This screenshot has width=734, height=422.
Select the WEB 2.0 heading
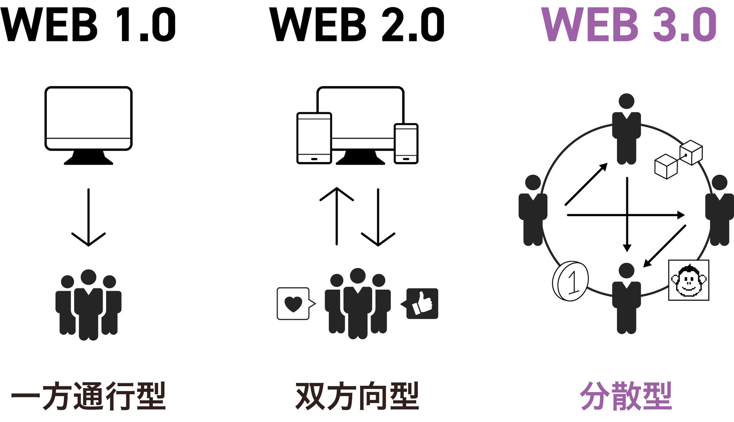click(357, 25)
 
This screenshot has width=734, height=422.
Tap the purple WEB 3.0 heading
click(629, 25)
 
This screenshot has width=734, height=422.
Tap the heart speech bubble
click(294, 304)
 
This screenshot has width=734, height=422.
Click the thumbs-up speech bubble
click(422, 304)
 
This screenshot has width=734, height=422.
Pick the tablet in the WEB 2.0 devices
click(314, 138)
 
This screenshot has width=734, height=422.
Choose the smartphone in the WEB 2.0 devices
click(406, 144)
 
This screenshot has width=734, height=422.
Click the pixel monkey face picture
click(688, 280)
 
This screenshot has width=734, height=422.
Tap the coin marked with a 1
click(570, 281)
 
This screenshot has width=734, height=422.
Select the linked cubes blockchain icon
click(678, 160)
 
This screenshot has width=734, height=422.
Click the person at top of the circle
click(626, 130)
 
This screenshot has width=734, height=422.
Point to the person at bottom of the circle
click(626, 300)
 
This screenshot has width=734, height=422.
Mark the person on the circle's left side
click(533, 211)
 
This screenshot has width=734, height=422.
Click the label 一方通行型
click(88, 396)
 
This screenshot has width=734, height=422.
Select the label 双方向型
click(357, 396)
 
